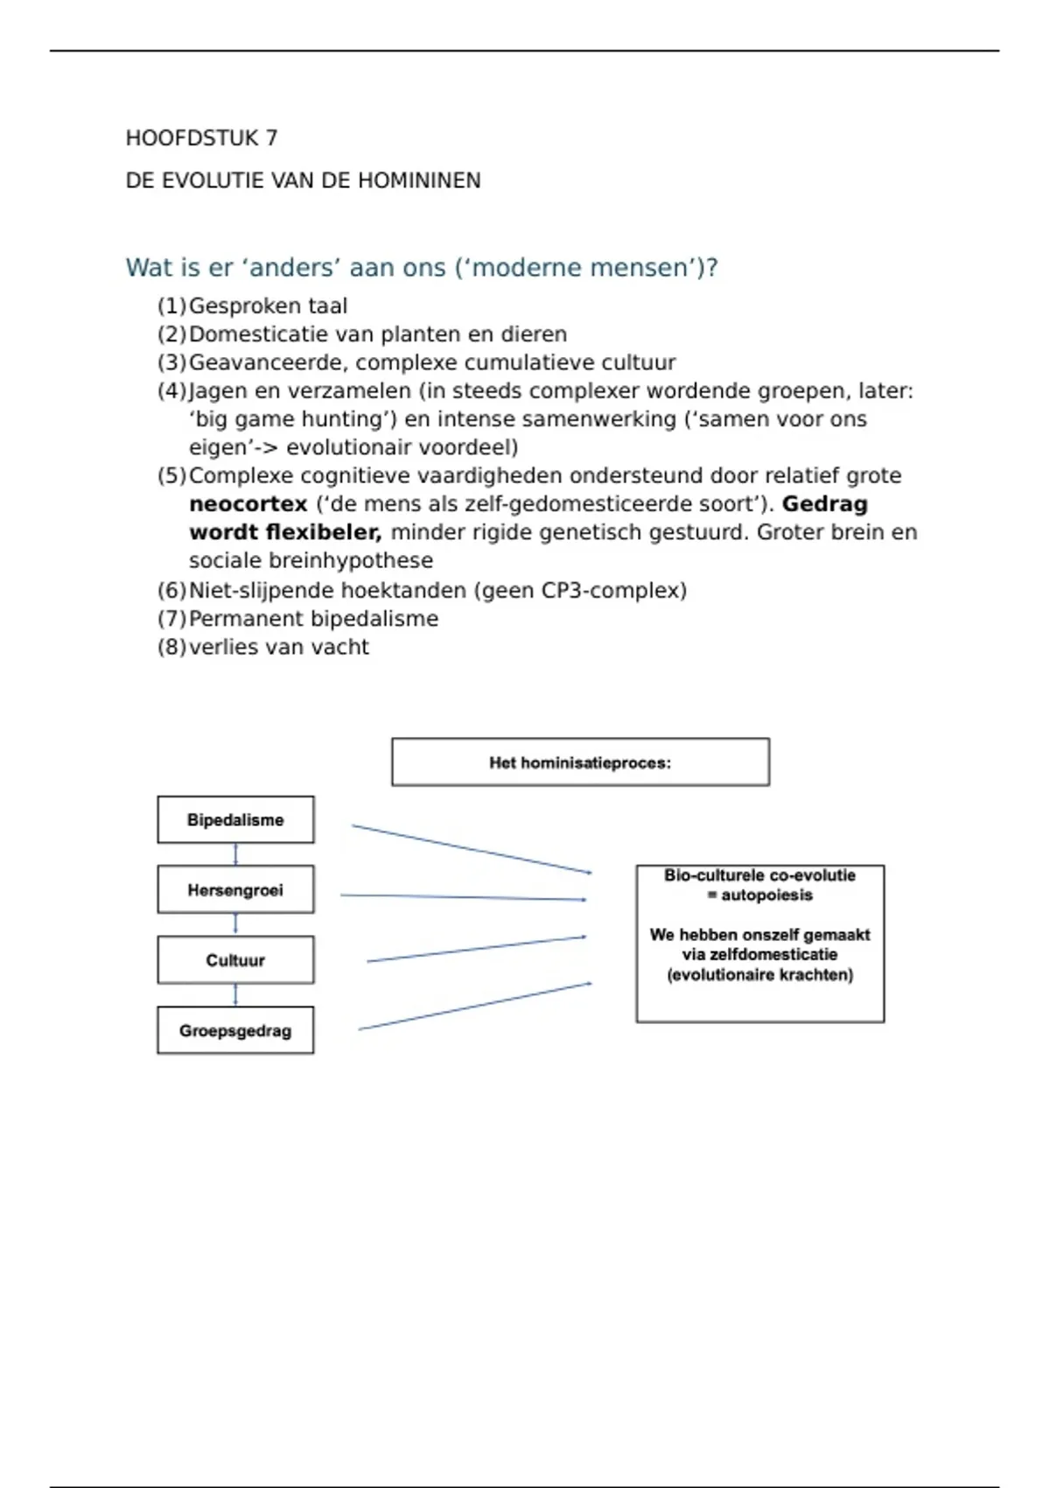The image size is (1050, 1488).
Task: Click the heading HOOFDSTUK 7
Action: [201, 138]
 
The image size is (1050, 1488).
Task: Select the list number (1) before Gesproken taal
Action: [171, 306]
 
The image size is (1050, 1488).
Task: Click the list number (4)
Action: [171, 391]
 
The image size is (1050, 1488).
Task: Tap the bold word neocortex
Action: [248, 504]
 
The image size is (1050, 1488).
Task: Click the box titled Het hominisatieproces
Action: [580, 762]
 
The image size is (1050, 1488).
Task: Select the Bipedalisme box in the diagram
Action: [235, 820]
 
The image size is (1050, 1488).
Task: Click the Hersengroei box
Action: [235, 890]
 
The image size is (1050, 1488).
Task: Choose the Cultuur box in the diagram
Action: [235, 960]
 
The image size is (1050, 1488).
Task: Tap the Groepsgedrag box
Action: [235, 1031]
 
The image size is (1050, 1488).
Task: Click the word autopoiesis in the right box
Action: [766, 895]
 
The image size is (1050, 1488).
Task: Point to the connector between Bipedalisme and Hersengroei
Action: [235, 854]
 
